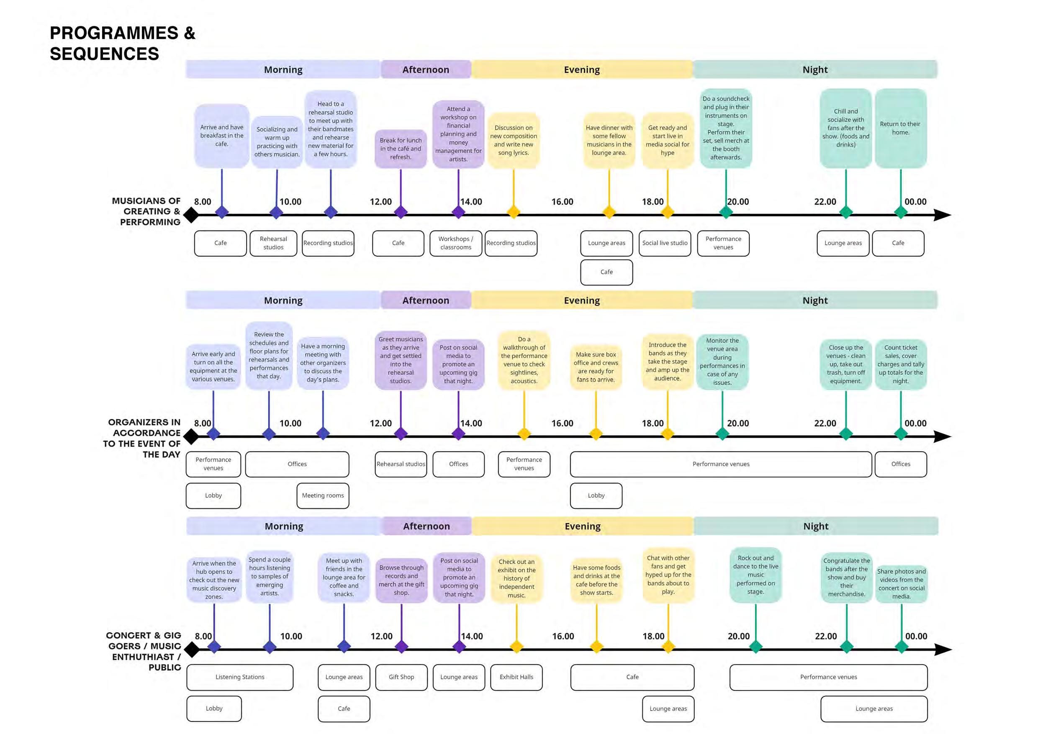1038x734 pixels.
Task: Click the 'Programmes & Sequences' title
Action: [x=122, y=44]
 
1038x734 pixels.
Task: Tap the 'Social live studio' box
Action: [x=665, y=243]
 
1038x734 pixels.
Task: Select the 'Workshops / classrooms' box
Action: [x=456, y=243]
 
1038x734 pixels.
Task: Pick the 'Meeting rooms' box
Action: [x=323, y=495]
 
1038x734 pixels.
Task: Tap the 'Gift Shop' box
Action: [x=401, y=677]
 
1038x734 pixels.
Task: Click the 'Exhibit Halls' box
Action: [x=516, y=677]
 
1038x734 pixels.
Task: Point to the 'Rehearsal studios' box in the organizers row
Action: [x=401, y=464]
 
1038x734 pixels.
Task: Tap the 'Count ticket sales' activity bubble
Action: [x=901, y=364]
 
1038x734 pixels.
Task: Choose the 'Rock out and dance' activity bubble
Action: [x=755, y=575]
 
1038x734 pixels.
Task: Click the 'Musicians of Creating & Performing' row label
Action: [x=146, y=211]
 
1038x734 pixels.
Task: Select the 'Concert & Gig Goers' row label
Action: [x=144, y=651]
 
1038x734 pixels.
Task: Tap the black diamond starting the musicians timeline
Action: [x=191, y=215]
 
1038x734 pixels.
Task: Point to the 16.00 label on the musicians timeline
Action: [x=562, y=202]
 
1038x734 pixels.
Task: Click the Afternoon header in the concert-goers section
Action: [x=427, y=526]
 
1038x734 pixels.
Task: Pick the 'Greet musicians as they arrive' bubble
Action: [x=401, y=360]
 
